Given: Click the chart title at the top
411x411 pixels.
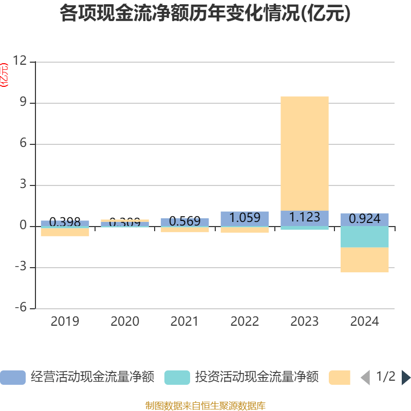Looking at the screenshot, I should (x=205, y=14).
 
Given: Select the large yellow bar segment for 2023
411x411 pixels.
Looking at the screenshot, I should (x=305, y=153).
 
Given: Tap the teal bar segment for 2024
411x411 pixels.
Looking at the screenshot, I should (x=365, y=237).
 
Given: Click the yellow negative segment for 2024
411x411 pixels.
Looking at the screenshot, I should (x=365, y=260).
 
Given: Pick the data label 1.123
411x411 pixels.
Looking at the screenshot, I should (x=305, y=217).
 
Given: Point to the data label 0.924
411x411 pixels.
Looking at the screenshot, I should (x=365, y=219).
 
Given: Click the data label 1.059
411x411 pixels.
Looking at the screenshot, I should (x=245, y=218).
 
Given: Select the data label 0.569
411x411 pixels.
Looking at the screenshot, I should (x=184, y=221).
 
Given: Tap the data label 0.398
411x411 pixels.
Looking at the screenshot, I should (x=65, y=222).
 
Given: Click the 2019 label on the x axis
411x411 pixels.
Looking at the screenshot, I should (x=65, y=322).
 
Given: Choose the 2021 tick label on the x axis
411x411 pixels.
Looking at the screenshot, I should (x=184, y=322).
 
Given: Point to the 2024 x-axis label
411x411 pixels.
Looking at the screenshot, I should (x=365, y=322).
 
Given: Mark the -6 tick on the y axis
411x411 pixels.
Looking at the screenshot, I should (x=20, y=308).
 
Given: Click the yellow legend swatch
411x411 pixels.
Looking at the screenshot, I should (x=340, y=378).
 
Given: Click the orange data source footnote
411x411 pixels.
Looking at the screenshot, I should (x=205, y=406).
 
